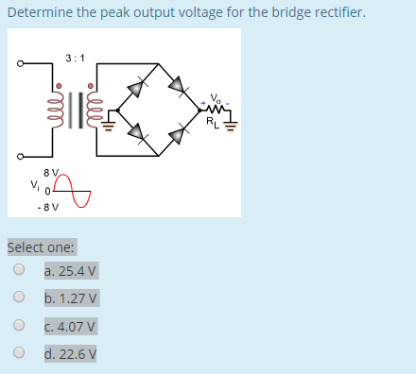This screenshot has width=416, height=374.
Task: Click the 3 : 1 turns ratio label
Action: [76, 58]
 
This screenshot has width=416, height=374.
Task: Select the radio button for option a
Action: [18, 270]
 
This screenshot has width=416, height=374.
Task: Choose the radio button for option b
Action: [18, 298]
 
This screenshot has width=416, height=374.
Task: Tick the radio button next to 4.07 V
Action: [18, 327]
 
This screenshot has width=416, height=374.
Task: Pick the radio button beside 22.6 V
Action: [18, 355]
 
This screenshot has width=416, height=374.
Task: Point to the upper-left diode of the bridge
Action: [136, 87]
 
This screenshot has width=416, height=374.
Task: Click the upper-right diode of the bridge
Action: [177, 85]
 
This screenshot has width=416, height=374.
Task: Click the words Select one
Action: [42, 247]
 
